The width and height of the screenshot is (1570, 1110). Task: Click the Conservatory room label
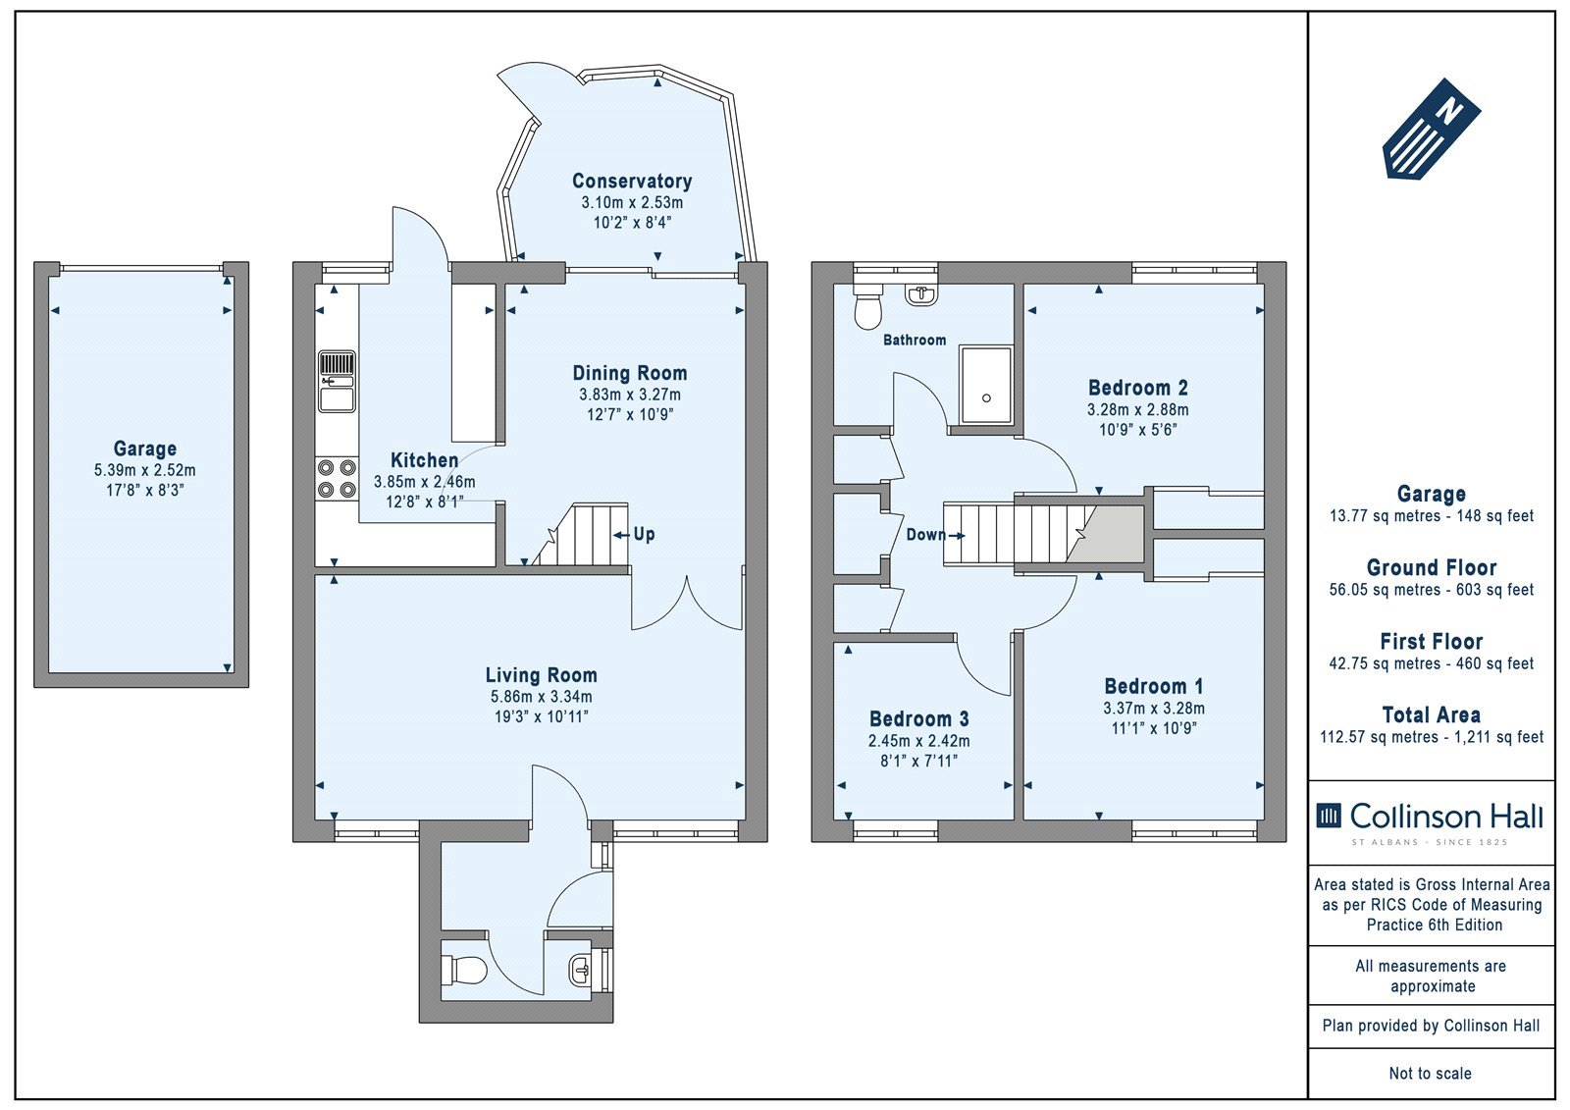coord(632,181)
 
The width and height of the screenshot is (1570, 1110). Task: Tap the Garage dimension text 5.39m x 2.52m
coord(145,470)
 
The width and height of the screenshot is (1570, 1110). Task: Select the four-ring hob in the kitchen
coord(337,478)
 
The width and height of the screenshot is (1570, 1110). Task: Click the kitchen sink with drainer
coord(338,382)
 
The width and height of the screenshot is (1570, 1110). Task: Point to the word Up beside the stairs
coord(644,534)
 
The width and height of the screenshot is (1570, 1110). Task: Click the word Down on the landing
coord(926,534)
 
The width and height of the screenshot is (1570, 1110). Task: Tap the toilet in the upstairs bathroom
coord(867,306)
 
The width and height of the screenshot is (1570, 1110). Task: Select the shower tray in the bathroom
coord(986,385)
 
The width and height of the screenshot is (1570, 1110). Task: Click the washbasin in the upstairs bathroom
coord(921,294)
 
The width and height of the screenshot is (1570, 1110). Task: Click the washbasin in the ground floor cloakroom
coord(580,970)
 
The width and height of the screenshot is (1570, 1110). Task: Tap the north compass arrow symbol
coord(1432,129)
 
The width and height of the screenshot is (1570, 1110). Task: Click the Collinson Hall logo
coord(1430,821)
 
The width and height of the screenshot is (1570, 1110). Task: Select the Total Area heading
coord(1432,714)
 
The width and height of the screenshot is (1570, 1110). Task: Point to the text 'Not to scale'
coord(1431,1073)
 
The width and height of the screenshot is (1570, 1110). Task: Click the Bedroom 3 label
coord(918,718)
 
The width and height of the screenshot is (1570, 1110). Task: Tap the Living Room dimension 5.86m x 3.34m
coord(541,696)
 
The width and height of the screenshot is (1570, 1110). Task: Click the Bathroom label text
coord(914,341)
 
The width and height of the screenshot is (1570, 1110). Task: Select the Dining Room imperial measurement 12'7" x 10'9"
coord(629,414)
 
